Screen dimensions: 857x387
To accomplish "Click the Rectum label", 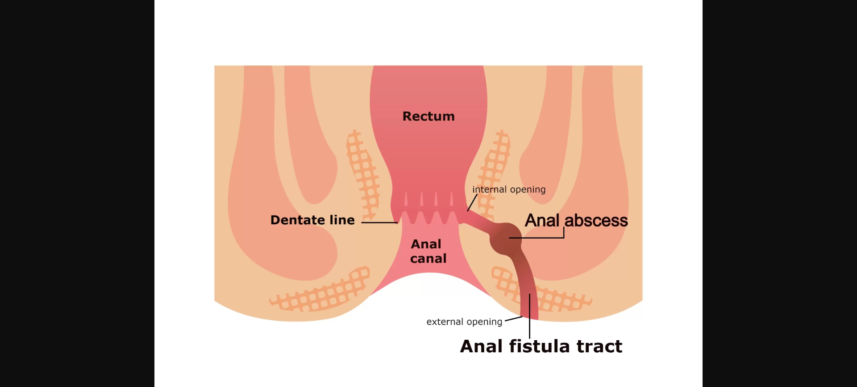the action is click(428, 116).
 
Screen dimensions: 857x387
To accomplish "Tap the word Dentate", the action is click(298, 220).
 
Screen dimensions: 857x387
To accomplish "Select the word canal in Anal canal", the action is click(428, 259).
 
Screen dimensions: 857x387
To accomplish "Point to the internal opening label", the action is click(509, 189).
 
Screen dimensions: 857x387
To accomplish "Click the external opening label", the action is click(464, 322).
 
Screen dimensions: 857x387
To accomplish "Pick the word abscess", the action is click(596, 221).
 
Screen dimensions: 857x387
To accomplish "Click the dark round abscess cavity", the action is click(506, 239).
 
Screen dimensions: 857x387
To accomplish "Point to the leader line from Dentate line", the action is click(379, 222).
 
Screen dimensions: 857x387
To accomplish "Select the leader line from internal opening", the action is click(472, 202).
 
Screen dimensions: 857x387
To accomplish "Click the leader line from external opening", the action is click(514, 319).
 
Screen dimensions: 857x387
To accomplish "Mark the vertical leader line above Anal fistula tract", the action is click(530, 316).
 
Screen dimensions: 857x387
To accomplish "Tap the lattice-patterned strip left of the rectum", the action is click(362, 175).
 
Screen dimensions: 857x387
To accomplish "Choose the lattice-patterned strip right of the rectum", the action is click(494, 175).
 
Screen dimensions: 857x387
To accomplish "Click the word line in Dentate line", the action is click(342, 220).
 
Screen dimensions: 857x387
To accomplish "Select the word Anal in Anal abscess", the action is click(542, 221).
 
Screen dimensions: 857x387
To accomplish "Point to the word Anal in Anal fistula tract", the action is click(482, 346).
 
